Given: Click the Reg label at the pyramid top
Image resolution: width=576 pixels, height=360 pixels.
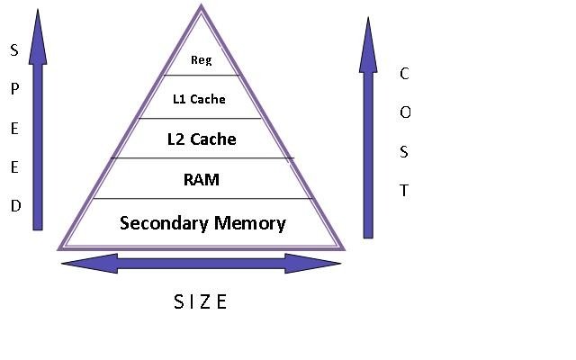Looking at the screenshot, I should point(201,61).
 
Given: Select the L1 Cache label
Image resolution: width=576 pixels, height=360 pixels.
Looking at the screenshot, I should point(199,99).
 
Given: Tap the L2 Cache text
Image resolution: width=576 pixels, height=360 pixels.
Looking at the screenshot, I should point(202,139).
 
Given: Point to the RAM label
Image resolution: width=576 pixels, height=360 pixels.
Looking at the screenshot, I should point(201,179).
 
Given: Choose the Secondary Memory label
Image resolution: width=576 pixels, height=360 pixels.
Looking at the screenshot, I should point(202,222).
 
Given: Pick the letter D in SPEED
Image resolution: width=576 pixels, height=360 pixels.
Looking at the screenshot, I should point(14,206).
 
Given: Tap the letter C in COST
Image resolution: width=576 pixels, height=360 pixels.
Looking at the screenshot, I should point(404,74).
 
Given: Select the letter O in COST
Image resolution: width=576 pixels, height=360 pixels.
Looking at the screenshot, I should point(405,112).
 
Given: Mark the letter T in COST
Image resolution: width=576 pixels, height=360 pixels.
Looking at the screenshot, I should point(404,190).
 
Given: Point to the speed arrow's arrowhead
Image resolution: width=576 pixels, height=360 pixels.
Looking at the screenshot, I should point(37,36).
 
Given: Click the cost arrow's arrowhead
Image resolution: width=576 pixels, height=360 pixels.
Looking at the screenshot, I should point(368,45).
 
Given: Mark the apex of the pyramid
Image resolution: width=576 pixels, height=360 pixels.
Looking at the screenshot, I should point(201,7).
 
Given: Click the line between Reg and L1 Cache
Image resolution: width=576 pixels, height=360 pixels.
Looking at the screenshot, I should point(201,76).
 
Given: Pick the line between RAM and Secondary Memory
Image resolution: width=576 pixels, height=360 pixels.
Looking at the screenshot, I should point(202,198).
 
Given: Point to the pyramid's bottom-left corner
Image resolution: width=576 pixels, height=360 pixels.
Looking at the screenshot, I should point(60,247).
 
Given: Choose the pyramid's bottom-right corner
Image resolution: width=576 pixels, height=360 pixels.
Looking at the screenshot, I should point(343,247).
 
